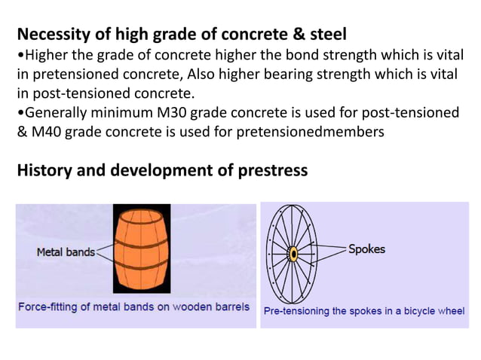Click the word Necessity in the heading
pos(53,35)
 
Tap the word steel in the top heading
pos(326,35)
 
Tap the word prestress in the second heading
pos(272,169)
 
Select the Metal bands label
pos(66,252)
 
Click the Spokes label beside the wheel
pos(366,249)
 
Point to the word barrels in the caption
pos(232,307)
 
